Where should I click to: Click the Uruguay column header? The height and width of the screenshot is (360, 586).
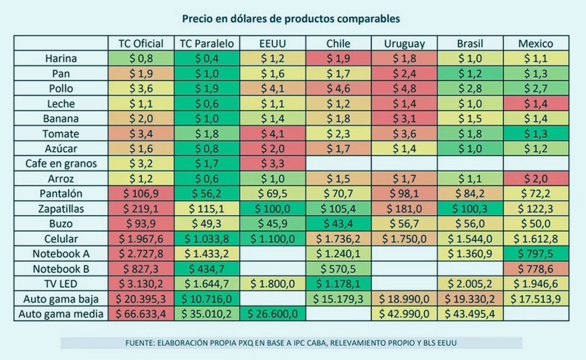[404, 43]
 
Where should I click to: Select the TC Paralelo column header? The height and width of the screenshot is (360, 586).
[207, 43]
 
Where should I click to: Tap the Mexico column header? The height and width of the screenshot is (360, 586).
[535, 43]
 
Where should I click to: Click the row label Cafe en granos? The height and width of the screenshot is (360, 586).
[61, 164]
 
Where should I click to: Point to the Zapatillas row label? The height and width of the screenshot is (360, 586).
[61, 209]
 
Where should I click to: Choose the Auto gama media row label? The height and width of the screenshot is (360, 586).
[61, 314]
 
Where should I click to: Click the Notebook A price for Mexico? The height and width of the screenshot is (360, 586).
[535, 254]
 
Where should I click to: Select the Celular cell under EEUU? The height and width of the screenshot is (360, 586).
[272, 239]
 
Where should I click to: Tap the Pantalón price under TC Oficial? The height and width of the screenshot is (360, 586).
[141, 193]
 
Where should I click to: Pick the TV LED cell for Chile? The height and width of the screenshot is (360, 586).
[338, 284]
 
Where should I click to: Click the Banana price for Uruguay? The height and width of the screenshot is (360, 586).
[404, 118]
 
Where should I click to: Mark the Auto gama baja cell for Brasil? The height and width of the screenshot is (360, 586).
[470, 299]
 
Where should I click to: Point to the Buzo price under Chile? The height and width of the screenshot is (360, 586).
[338, 223]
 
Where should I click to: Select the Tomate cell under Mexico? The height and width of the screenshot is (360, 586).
[535, 134]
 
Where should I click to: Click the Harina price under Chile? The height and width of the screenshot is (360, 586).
[338, 59]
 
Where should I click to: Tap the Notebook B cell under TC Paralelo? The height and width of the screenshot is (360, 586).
[207, 269]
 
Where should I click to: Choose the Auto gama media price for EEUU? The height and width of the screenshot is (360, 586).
[272, 314]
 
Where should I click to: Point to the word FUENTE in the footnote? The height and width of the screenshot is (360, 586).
[141, 342]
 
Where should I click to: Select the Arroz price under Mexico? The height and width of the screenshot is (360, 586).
[535, 178]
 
